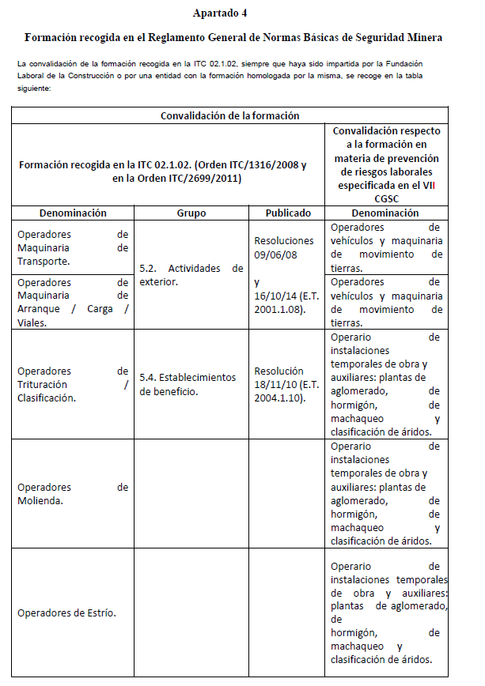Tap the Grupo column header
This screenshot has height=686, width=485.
coord(191,213)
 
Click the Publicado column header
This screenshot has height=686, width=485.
coord(288,213)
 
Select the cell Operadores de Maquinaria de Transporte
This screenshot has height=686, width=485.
coord(72,247)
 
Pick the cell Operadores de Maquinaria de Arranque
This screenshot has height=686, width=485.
coord(72,302)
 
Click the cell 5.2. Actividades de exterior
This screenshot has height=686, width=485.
coord(191,274)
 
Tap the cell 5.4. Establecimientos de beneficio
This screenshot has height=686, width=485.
coord(191,384)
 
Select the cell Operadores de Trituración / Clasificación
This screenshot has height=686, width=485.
coord(72,384)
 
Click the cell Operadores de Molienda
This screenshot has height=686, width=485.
coord(72,494)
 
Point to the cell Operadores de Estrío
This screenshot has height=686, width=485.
coord(66,613)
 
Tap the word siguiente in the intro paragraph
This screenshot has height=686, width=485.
coord(33,89)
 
